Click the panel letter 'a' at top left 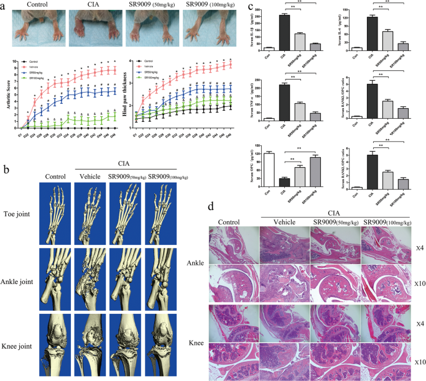pos(6,6)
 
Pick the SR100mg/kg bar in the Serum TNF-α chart pos(315,116)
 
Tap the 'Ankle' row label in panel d pos(220,263)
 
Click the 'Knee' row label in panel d pos(220,342)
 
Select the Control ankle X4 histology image pos(234,245)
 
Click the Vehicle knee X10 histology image pos(284,359)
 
